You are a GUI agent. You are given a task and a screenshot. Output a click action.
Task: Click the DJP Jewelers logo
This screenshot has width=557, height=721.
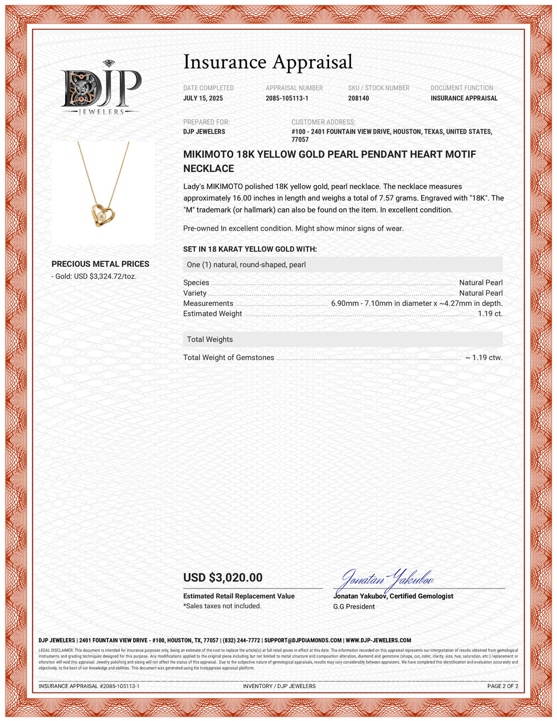point(101,88)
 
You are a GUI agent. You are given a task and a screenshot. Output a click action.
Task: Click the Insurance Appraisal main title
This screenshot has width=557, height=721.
point(268,62)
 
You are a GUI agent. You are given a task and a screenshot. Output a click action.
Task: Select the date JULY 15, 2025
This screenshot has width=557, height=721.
point(203,98)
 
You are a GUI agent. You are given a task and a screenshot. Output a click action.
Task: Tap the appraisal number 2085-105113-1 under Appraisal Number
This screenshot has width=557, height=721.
point(287,98)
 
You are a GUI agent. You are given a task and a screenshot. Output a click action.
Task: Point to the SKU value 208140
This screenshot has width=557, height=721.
point(358,98)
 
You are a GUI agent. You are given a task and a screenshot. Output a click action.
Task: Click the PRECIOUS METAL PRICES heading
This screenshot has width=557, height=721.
point(100,264)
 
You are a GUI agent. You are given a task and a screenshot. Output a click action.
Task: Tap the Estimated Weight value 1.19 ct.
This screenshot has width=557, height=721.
point(490,314)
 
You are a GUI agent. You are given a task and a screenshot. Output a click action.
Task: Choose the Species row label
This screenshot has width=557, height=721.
point(196,282)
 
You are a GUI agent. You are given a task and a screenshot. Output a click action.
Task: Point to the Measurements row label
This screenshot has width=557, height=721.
point(208,304)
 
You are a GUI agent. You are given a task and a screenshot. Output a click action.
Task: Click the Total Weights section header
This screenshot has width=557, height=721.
point(210,339)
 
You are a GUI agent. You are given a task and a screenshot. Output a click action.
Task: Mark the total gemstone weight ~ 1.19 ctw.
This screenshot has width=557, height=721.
point(483,358)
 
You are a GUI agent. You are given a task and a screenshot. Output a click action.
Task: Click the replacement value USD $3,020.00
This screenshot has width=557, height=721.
point(223,578)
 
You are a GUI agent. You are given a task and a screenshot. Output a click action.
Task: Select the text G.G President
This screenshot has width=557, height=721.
point(354,607)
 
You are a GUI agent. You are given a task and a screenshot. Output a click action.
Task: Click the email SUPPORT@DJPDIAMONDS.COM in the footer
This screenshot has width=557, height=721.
point(303,641)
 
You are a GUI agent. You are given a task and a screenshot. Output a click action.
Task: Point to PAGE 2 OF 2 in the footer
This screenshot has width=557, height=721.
point(502,686)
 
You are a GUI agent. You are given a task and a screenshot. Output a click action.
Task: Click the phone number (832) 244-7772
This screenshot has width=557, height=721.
point(241,641)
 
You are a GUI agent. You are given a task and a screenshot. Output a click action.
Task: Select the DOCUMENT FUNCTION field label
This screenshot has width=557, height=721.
point(462,88)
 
